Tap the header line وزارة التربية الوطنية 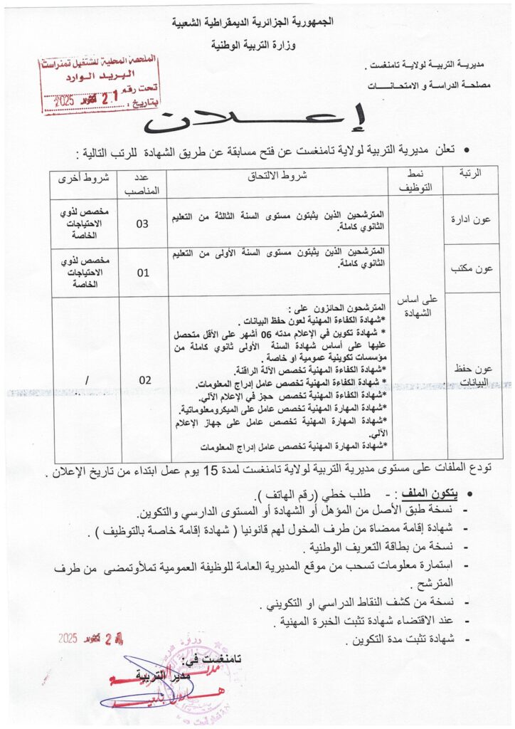[257, 43]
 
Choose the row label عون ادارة [472, 219]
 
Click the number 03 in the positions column [143, 224]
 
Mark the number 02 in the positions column [144, 380]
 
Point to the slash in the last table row [87, 381]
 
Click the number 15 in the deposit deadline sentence [211, 471]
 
